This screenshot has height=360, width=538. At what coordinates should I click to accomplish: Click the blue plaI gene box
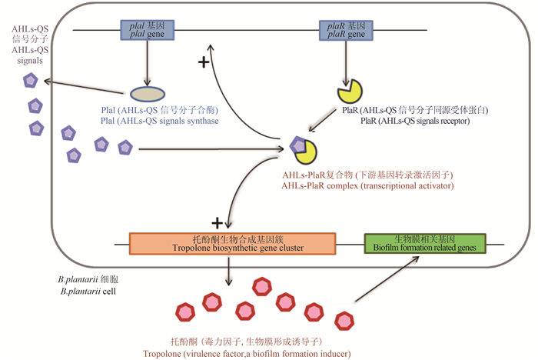(144, 31)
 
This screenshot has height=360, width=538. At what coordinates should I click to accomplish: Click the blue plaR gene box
(344, 31)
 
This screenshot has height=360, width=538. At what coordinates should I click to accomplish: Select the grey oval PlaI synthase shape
(144, 94)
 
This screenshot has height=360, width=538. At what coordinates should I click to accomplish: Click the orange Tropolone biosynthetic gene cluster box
(232, 244)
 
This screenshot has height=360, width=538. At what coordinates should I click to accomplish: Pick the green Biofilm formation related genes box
(424, 243)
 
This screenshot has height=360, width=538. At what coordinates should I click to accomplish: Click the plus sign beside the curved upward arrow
(204, 62)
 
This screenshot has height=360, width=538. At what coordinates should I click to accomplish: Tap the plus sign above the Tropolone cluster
(218, 222)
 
